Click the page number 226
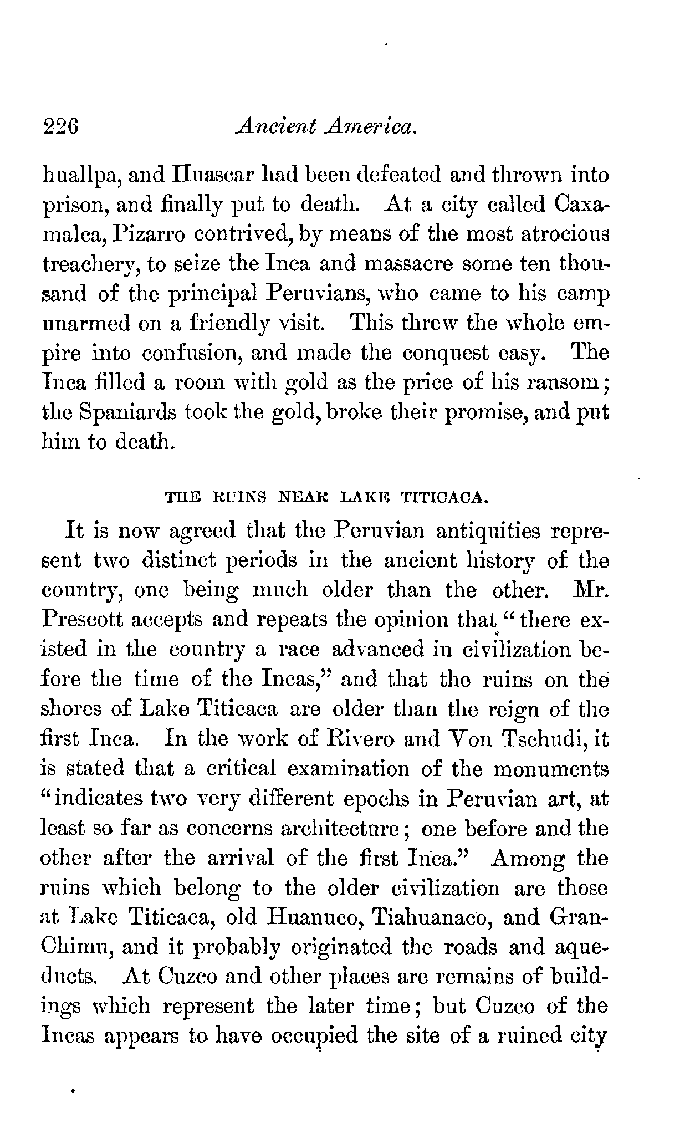62,129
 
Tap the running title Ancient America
326,129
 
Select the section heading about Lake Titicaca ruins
327,497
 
